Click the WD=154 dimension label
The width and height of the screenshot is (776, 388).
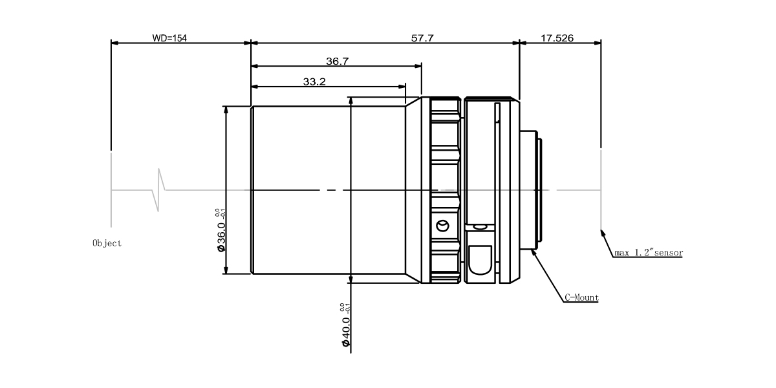coord(169,38)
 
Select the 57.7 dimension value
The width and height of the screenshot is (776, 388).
coord(422,38)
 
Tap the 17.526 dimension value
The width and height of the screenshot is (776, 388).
coord(556,38)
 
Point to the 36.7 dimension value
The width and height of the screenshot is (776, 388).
coord(338,61)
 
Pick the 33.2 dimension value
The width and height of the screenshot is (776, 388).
coord(314,82)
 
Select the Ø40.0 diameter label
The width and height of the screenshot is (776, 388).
coord(346,331)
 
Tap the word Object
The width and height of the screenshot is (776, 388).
coord(107,244)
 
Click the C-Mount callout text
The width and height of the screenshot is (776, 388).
coord(582,298)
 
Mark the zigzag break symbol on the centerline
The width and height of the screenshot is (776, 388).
coord(158,190)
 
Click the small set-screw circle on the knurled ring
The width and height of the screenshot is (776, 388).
coord(442,225)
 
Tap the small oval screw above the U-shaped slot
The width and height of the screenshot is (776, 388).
coord(479,227)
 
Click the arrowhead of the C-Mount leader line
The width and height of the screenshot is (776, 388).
coord(533,252)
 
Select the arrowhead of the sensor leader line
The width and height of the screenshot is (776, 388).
coord(603,232)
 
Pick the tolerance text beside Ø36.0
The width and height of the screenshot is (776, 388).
coord(219,213)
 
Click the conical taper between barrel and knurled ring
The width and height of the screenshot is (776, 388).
coord(414,190)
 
